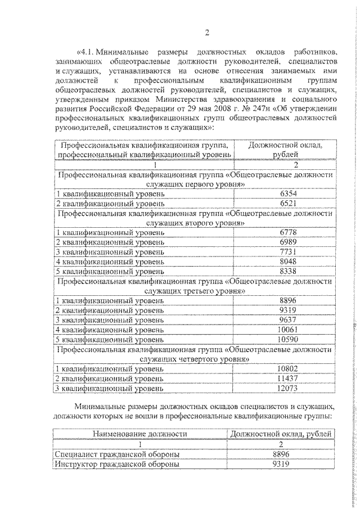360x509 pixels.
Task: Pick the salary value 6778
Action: tap(288, 232)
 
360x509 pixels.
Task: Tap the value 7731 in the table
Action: tap(288, 251)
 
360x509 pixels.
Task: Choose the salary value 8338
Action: tap(288, 271)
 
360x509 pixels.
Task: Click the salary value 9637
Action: tap(288, 320)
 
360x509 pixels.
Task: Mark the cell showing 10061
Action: tap(288, 330)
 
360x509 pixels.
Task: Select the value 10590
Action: tap(288, 339)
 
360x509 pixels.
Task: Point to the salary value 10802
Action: tap(288, 368)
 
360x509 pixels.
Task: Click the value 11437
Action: tap(288, 378)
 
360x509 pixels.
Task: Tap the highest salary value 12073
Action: tap(288, 388)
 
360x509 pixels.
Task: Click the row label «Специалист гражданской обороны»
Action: tap(118, 454)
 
